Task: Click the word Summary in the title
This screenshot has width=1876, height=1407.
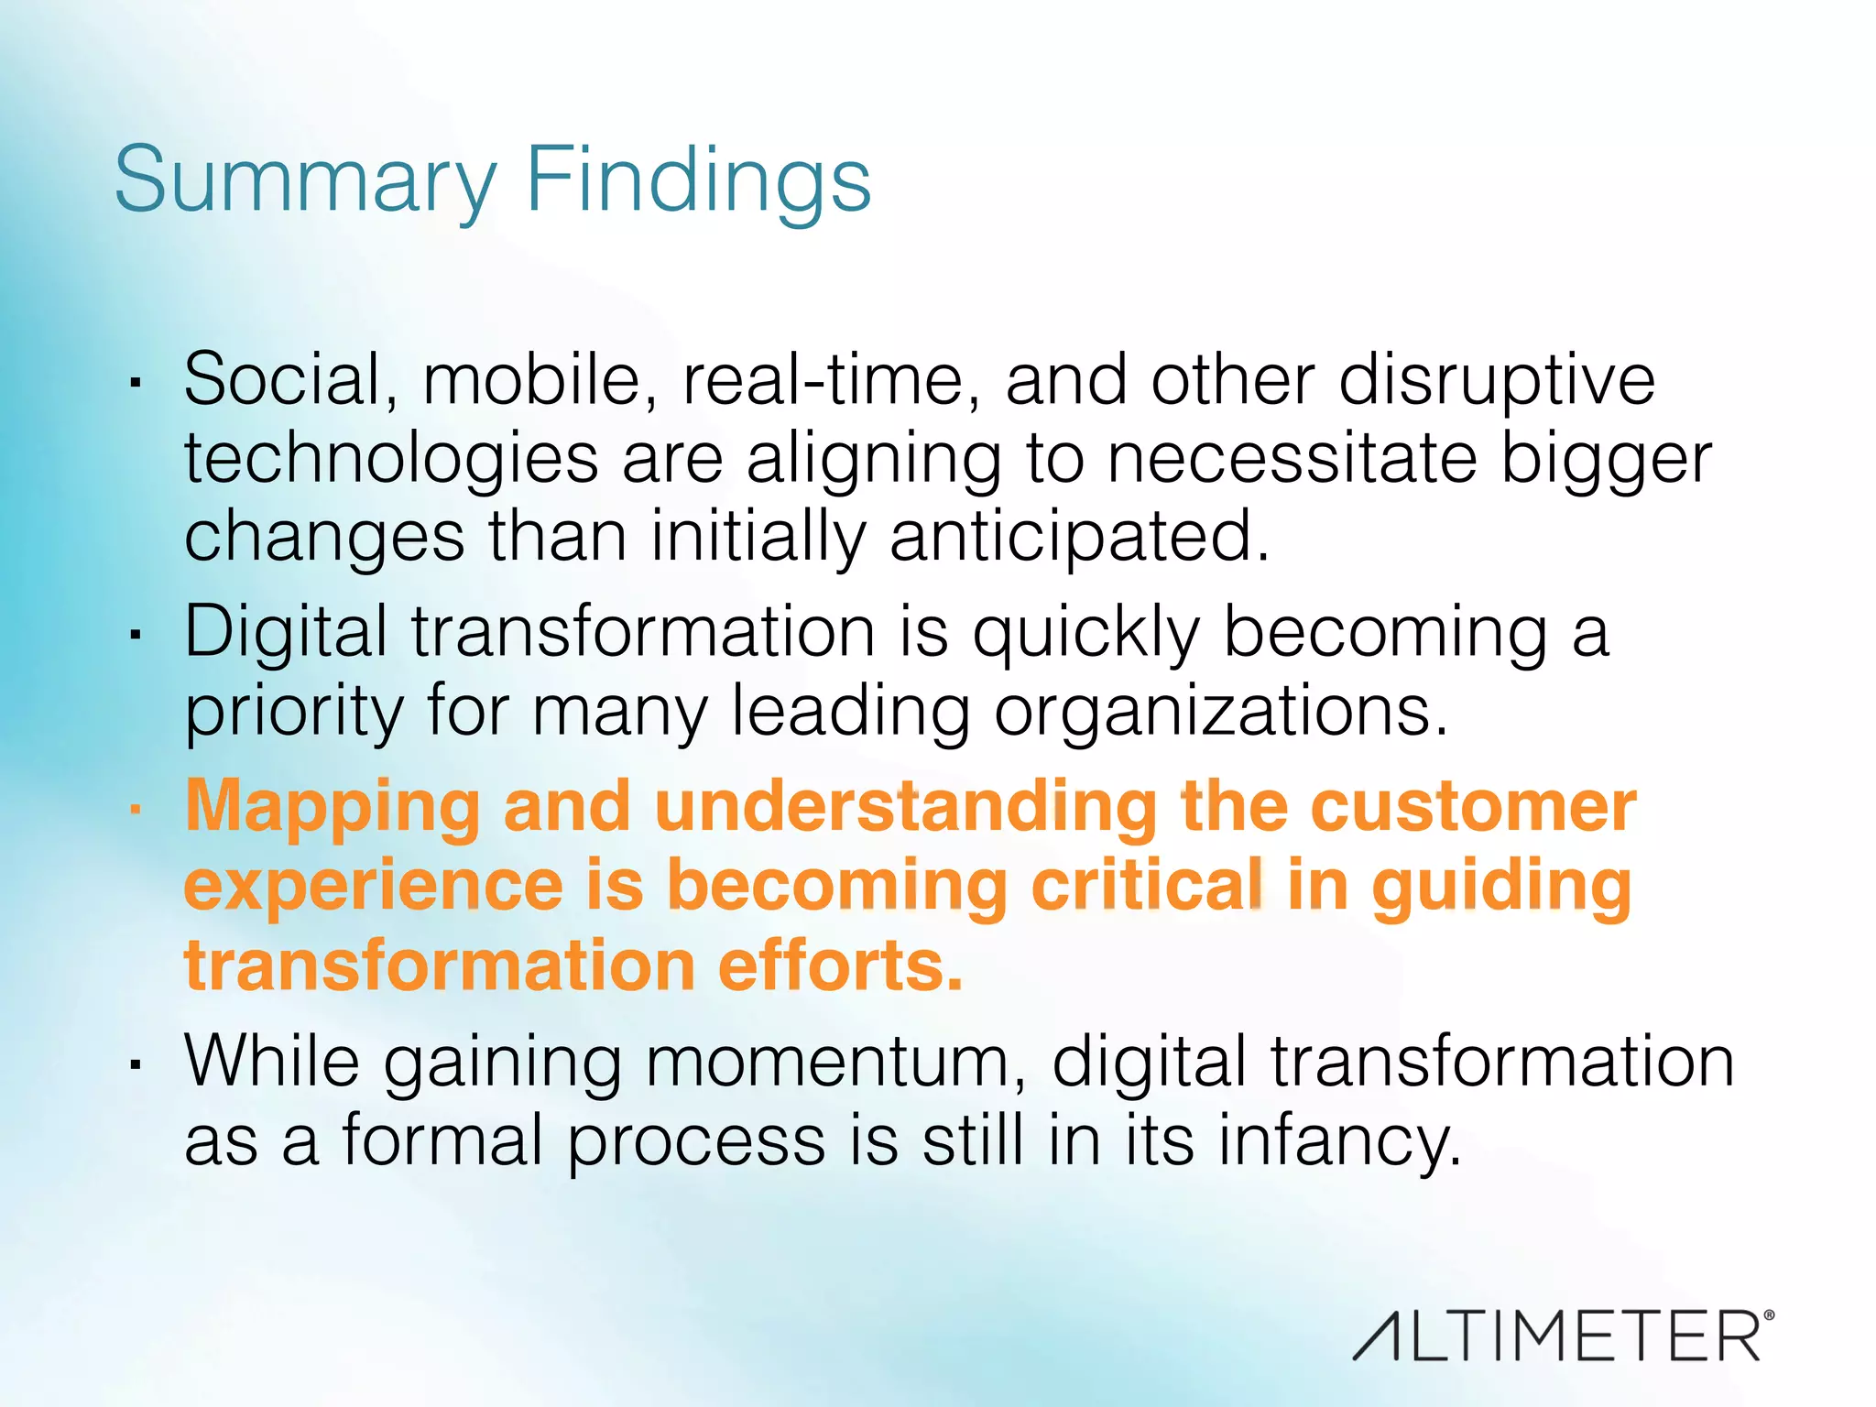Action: [x=305, y=181]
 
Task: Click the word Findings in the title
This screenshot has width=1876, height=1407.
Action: [x=698, y=181]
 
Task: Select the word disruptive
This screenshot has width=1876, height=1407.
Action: [x=1497, y=381]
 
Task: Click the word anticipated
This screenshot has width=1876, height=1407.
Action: [x=1079, y=537]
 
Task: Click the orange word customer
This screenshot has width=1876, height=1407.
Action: [x=1473, y=807]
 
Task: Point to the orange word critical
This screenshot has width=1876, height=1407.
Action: [x=1148, y=886]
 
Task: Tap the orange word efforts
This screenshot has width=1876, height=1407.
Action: [x=840, y=965]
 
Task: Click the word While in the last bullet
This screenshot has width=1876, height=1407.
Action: [x=272, y=1062]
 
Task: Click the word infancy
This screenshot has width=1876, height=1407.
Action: [x=1338, y=1142]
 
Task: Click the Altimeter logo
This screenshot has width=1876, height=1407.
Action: [x=1557, y=1336]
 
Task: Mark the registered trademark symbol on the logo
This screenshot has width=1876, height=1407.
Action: [x=1768, y=1315]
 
